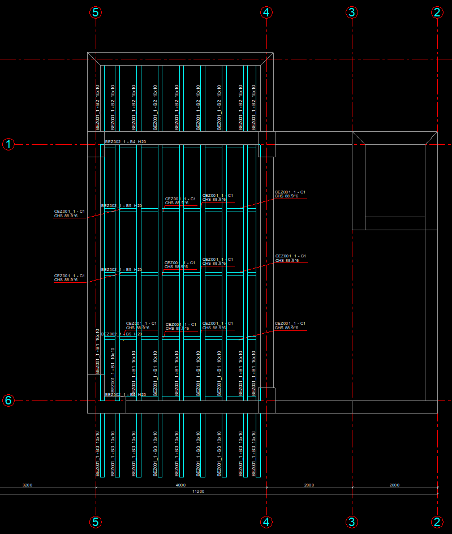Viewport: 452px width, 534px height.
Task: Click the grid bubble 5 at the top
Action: pos(96,12)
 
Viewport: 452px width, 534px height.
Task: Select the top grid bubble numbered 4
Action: pos(267,12)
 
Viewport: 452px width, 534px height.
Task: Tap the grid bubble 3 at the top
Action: pos(352,12)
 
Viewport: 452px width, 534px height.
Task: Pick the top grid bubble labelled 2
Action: pos(437,12)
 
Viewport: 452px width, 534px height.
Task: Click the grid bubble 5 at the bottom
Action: pos(96,522)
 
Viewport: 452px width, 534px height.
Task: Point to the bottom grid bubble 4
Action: pos(267,522)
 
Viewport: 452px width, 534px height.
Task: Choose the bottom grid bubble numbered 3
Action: pos(352,522)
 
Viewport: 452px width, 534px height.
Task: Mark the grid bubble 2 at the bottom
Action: pos(437,522)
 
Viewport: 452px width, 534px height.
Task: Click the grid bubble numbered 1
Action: pos(8,144)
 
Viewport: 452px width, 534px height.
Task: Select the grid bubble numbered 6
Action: pos(8,401)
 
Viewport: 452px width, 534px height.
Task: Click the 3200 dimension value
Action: pos(27,485)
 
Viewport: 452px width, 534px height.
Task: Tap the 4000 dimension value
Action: pos(180,485)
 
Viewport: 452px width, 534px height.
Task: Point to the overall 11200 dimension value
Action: pos(198,492)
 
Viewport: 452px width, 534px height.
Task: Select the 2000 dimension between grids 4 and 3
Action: pos(309,485)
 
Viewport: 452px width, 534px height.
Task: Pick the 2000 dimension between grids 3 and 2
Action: pos(394,485)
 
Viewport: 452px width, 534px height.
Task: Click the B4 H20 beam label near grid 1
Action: pos(126,141)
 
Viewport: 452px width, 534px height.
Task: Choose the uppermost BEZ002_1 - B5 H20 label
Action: pos(122,205)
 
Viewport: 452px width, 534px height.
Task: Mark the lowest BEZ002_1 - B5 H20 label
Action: pos(122,334)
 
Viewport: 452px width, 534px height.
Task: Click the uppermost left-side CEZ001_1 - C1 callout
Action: pos(69,213)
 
